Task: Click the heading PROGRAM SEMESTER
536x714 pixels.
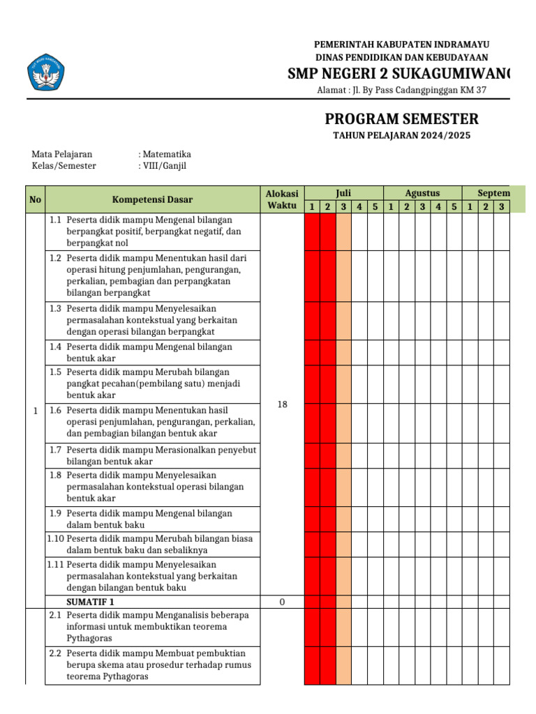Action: point(401,119)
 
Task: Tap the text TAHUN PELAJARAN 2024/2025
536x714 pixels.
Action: point(401,135)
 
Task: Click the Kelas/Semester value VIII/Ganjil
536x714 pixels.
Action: point(163,166)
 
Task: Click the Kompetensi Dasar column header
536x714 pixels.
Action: point(152,199)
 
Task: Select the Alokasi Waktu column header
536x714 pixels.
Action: point(282,199)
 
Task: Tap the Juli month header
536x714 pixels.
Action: point(343,192)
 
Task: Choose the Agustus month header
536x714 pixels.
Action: point(422,192)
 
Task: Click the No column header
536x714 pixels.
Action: point(35,199)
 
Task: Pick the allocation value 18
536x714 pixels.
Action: point(282,404)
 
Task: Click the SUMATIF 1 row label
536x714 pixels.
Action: point(90,602)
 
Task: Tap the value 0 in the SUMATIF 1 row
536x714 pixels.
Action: point(282,602)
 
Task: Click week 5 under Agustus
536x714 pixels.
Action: point(454,206)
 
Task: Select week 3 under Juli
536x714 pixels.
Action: point(343,206)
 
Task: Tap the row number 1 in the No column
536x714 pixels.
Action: point(35,411)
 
